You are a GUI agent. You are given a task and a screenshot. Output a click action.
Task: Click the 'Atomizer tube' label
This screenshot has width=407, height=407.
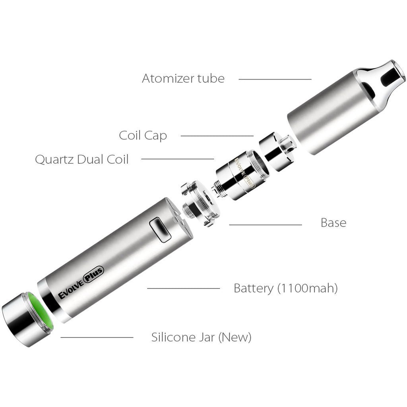click(x=183, y=78)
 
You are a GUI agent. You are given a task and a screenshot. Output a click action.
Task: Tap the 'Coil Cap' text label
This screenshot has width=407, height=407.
click(x=143, y=136)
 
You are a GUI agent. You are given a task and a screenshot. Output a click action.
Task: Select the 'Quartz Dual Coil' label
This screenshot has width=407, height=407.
click(x=82, y=159)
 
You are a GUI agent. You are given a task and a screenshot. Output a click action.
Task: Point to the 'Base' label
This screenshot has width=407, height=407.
click(x=333, y=223)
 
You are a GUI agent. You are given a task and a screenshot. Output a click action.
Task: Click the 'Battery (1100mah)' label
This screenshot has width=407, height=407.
click(x=285, y=288)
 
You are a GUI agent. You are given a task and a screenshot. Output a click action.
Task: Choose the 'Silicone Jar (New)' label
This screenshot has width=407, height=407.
click(x=201, y=337)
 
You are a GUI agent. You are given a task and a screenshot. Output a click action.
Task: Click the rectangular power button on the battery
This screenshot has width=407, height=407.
click(x=160, y=230)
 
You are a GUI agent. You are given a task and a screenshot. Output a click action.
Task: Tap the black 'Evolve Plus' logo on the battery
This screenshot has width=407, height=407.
click(x=81, y=282)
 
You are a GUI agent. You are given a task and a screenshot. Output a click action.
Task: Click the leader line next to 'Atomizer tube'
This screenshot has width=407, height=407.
click(x=275, y=79)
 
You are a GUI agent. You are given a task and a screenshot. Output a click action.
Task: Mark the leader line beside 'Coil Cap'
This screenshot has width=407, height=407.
click(x=217, y=136)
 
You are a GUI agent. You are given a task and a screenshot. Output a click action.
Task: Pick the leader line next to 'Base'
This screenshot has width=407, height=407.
click(x=265, y=225)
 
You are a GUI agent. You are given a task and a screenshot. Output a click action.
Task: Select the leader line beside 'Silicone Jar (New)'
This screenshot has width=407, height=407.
click(x=97, y=337)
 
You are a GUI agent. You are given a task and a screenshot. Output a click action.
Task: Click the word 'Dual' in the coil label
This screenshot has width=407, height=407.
click(x=90, y=159)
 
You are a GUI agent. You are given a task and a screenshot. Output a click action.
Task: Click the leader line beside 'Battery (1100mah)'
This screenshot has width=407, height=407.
click(x=184, y=288)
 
